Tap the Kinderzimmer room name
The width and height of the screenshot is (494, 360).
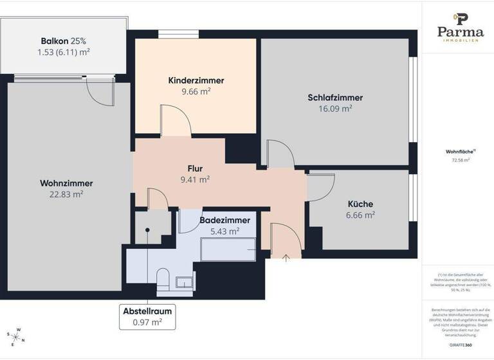[196, 80]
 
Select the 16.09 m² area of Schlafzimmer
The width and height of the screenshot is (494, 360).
[335, 109]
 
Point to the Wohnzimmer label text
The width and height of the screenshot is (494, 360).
[66, 183]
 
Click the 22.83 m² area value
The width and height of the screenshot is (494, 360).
[66, 194]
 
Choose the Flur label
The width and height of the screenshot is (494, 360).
[195, 168]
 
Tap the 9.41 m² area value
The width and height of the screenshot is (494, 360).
[195, 179]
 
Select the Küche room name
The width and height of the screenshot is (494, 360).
[360, 204]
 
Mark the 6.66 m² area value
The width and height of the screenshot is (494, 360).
[360, 215]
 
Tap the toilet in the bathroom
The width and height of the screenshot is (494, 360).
[163, 278]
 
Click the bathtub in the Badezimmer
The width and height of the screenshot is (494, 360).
[228, 249]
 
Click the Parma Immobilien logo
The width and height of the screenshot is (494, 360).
[460, 29]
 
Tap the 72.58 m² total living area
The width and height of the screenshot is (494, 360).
[457, 160]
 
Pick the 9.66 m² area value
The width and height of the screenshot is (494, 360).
[196, 91]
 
